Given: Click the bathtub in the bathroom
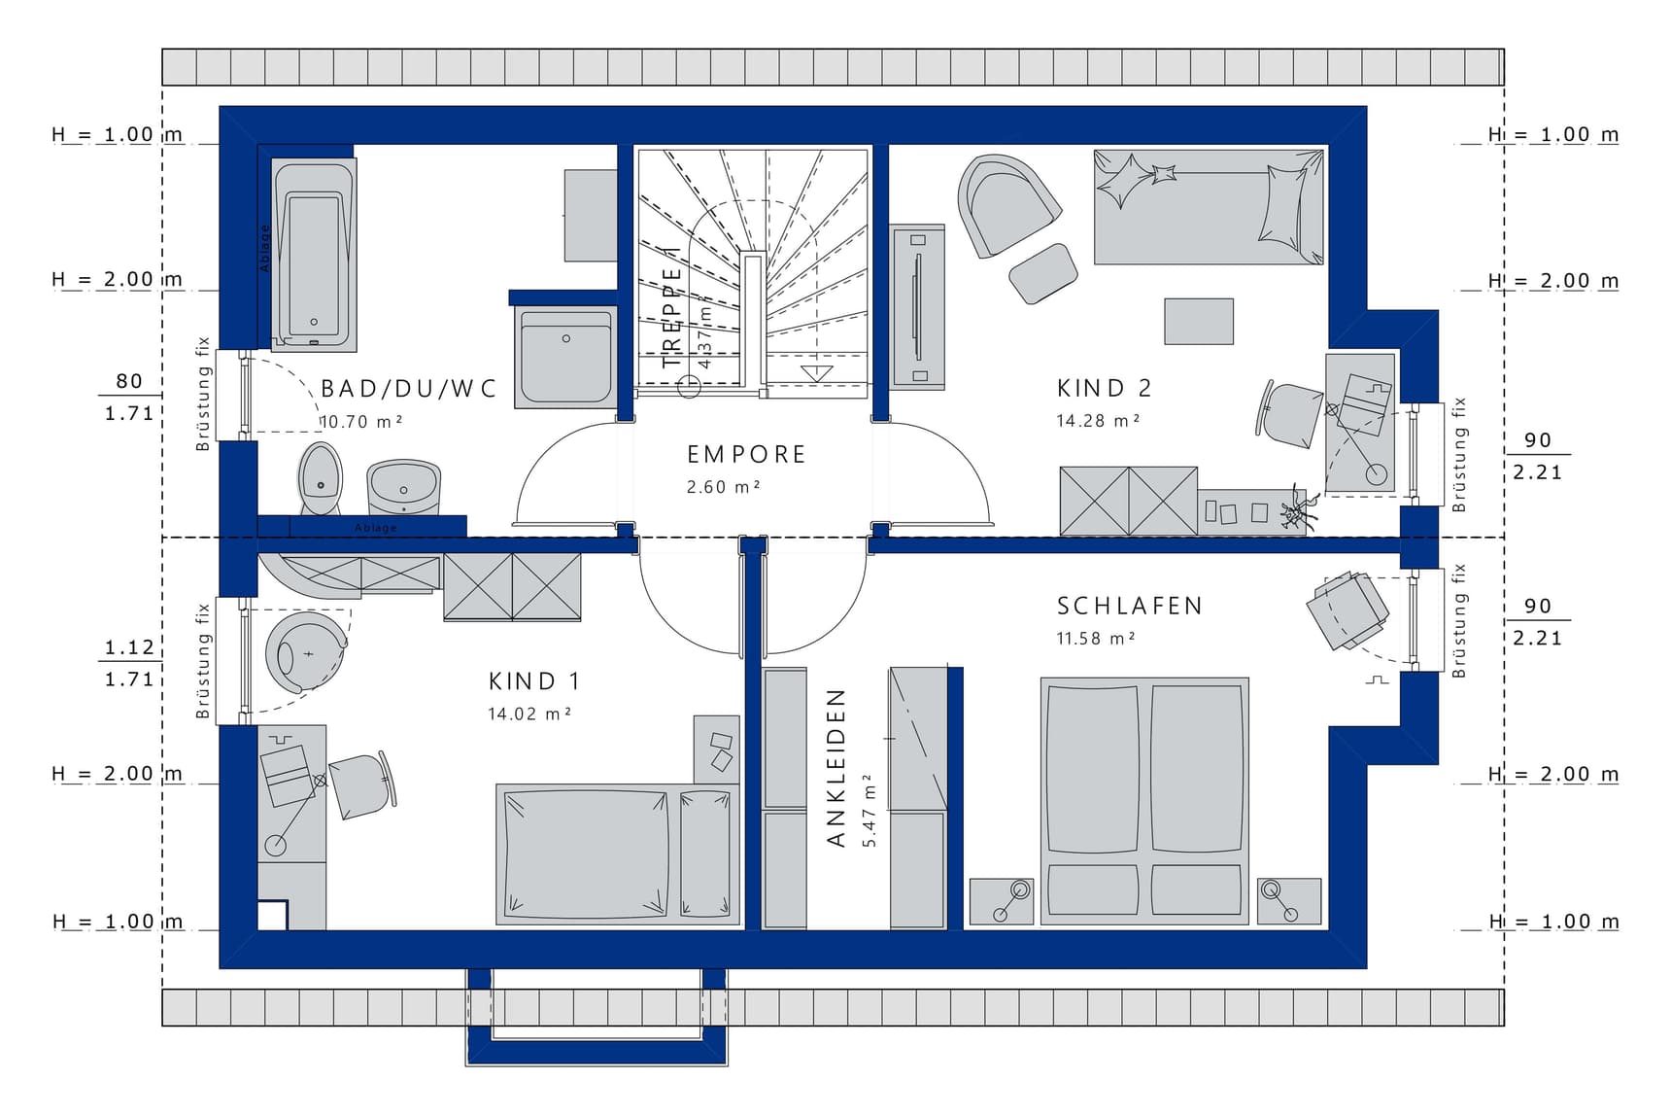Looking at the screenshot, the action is [x=314, y=254].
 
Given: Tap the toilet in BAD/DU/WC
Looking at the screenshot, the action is [x=320, y=477].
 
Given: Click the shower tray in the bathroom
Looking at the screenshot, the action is [x=565, y=357].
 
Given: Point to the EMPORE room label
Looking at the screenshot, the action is [x=746, y=454].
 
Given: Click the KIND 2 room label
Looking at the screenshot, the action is [x=1104, y=388].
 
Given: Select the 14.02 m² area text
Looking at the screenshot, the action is [x=529, y=714].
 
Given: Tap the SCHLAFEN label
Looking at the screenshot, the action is [x=1130, y=606].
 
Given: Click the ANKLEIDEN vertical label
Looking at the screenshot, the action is [x=836, y=767].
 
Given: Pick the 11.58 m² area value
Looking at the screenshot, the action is [x=1096, y=638].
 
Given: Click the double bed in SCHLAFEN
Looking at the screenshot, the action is [x=1144, y=801].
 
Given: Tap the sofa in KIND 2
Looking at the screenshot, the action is [x=1209, y=207].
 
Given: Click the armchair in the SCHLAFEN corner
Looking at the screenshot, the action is [x=1348, y=610].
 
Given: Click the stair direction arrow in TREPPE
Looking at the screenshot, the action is [x=816, y=372].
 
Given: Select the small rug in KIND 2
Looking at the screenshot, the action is [x=1199, y=321].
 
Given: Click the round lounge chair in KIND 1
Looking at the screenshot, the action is [x=305, y=651].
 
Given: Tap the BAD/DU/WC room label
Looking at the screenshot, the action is [x=409, y=389].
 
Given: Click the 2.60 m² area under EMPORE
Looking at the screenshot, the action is [x=723, y=486].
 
